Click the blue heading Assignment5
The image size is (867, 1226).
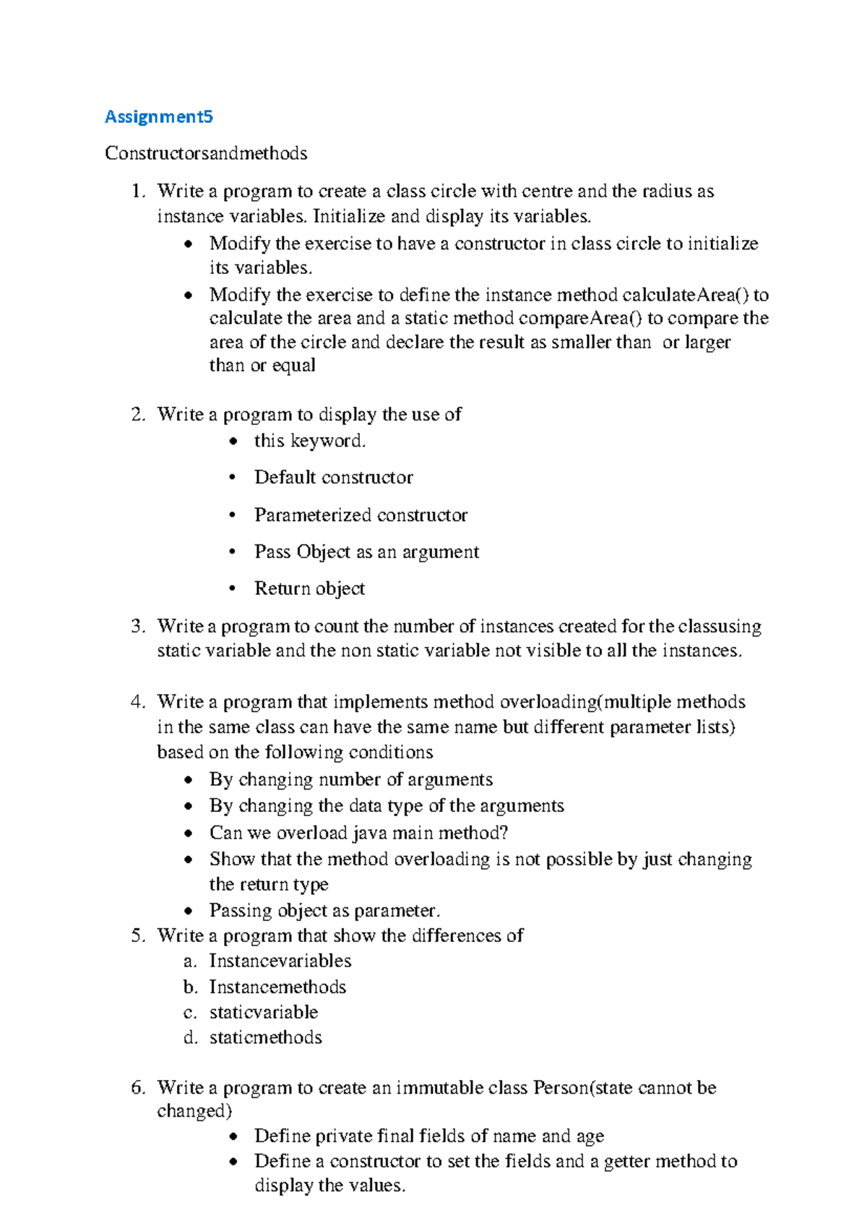pyautogui.click(x=159, y=116)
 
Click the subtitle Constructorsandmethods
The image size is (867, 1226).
pyautogui.click(x=206, y=153)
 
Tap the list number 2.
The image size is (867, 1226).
pyautogui.click(x=138, y=414)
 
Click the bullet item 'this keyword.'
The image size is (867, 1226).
pyautogui.click(x=310, y=441)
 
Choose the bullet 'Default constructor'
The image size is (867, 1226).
pyautogui.click(x=333, y=478)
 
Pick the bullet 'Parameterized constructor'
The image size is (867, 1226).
pyautogui.click(x=361, y=515)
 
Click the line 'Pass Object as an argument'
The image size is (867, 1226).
pyautogui.click(x=366, y=552)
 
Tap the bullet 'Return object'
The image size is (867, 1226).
pyautogui.click(x=309, y=588)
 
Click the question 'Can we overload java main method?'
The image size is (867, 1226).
pyautogui.click(x=358, y=833)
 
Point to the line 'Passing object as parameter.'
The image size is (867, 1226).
pyautogui.click(x=324, y=910)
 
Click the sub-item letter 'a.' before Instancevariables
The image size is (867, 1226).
pyautogui.click(x=190, y=961)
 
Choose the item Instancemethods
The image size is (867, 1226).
pyautogui.click(x=277, y=987)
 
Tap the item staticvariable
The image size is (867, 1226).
pyautogui.click(x=264, y=1012)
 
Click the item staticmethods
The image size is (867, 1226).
pyautogui.click(x=265, y=1037)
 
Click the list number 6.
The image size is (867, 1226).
pyautogui.click(x=138, y=1088)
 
